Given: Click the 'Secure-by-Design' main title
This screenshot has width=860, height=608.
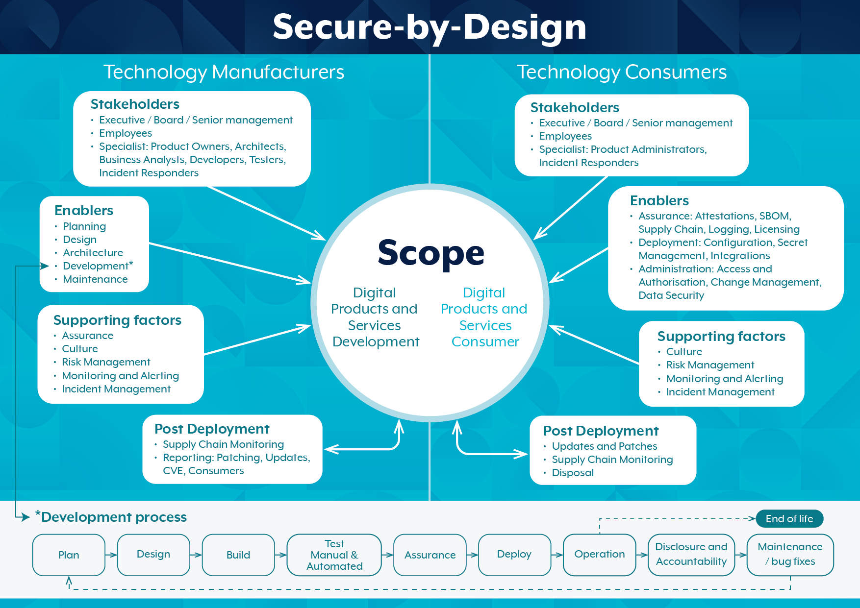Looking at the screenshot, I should [x=430, y=27].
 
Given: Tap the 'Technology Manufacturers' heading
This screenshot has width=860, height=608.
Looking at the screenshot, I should [x=224, y=72].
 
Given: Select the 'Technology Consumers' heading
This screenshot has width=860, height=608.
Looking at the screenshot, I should [x=622, y=72].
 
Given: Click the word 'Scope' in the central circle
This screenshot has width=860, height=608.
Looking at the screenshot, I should [x=431, y=253].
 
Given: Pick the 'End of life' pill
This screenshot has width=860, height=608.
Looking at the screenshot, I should [x=789, y=519].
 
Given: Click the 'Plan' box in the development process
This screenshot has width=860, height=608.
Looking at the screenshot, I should [x=69, y=555].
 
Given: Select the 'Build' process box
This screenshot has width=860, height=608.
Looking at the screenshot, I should [x=238, y=555].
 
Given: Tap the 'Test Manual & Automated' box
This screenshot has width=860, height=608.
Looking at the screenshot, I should [x=334, y=555].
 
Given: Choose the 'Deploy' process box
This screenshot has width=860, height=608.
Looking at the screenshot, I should [x=514, y=555].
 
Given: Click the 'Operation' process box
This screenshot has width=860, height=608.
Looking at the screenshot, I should [x=599, y=555].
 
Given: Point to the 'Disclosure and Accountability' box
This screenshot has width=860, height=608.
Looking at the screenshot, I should [x=691, y=555].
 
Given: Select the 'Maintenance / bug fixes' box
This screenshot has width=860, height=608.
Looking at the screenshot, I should [x=790, y=555].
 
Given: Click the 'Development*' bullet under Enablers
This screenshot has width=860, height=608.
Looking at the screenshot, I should [x=98, y=266].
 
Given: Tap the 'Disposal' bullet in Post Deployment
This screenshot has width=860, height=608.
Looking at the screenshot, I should [x=573, y=473].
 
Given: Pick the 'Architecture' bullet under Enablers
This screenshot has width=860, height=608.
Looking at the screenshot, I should [x=93, y=253].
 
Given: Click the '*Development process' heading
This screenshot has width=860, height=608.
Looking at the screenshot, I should [x=111, y=517].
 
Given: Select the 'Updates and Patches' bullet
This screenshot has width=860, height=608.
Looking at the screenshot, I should [x=604, y=446].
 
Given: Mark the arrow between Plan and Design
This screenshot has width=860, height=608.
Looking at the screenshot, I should [x=111, y=555].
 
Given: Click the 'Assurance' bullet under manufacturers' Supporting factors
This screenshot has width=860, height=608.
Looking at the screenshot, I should [x=87, y=336].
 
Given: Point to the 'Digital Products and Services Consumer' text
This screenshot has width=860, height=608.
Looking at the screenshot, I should [x=484, y=317].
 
